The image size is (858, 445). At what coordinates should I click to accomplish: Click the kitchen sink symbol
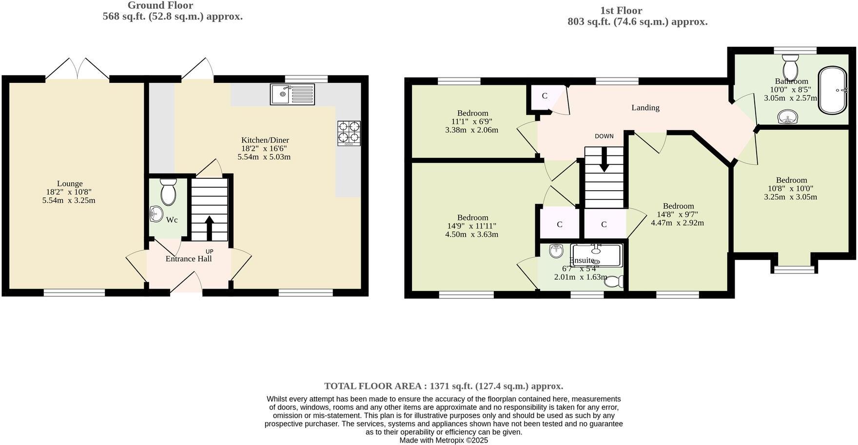pyautogui.click(x=293, y=94)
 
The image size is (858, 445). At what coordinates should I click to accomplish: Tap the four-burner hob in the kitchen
pyautogui.click(x=349, y=133)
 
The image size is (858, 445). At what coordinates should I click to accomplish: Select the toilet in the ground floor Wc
pyautogui.click(x=168, y=192)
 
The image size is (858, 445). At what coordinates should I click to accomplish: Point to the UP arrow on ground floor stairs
pyautogui.click(x=209, y=228)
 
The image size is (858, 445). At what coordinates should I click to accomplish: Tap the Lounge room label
pyautogui.click(x=70, y=184)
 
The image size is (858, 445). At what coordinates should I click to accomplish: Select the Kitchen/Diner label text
pyautogui.click(x=265, y=140)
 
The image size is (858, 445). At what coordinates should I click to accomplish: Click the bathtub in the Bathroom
pyautogui.click(x=833, y=91)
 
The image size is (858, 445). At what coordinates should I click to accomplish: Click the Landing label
pyautogui.click(x=645, y=108)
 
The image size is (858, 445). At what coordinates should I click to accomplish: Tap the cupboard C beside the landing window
pyautogui.click(x=545, y=96)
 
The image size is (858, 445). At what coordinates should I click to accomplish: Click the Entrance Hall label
pyautogui.click(x=189, y=259)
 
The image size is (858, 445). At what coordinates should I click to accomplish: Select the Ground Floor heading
pyautogui.click(x=160, y=5)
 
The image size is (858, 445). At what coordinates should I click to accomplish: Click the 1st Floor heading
pyautogui.click(x=621, y=10)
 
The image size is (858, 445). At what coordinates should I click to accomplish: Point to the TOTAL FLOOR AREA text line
pyautogui.click(x=444, y=386)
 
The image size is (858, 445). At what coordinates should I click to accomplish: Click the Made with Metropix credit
pyautogui.click(x=444, y=440)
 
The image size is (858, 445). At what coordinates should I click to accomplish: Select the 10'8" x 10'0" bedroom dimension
pyautogui.click(x=791, y=189)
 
